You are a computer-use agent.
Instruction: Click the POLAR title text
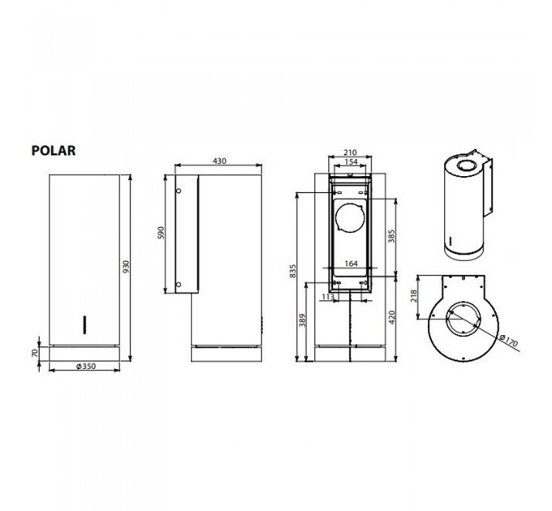[54, 150]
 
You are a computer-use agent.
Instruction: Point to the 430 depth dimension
[219, 161]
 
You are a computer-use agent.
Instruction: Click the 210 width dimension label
[351, 152]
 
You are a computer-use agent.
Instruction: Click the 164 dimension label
[351, 263]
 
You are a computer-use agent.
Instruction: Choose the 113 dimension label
[328, 297]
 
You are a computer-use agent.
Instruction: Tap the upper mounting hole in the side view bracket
[179, 191]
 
